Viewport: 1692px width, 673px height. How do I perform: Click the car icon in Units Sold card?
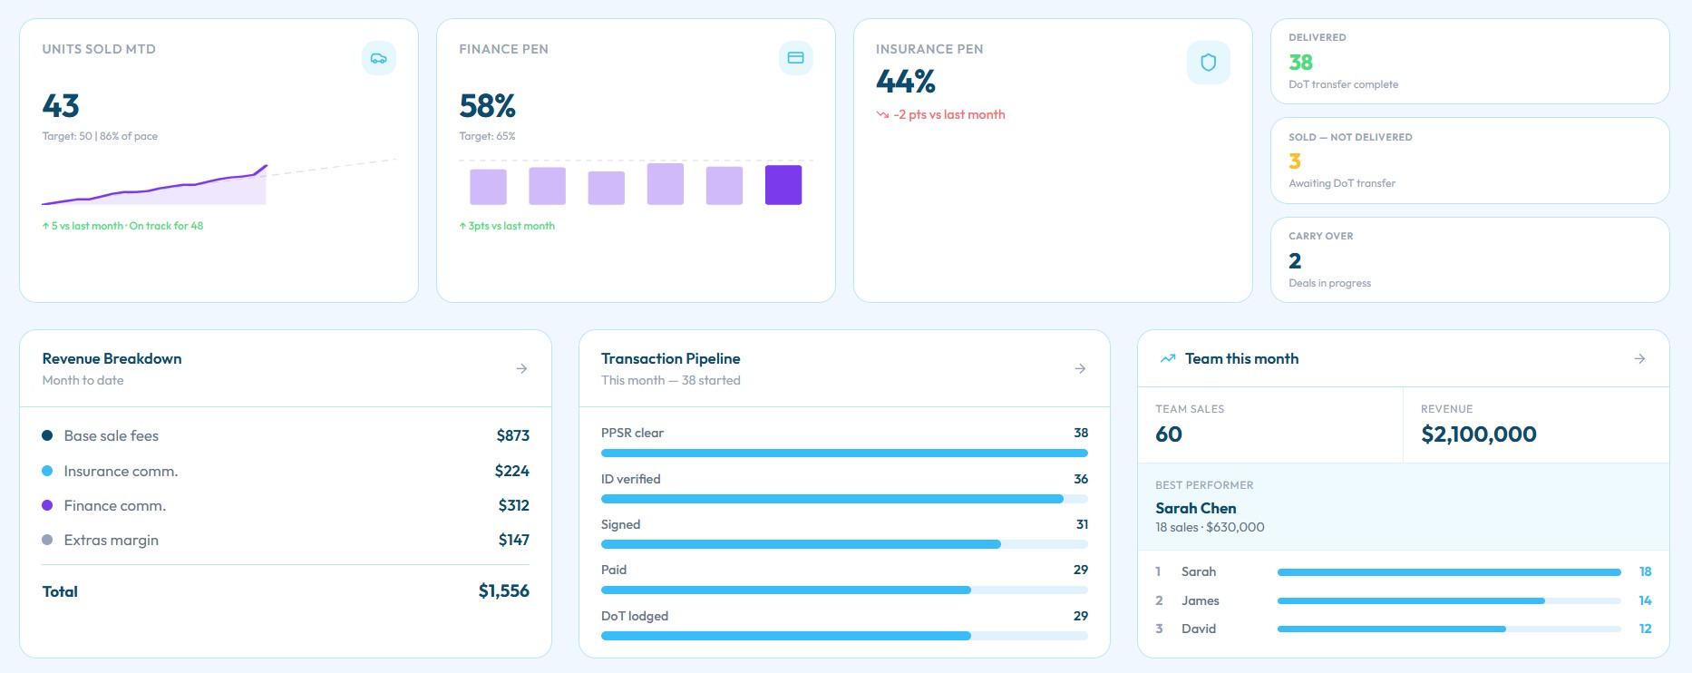click(379, 58)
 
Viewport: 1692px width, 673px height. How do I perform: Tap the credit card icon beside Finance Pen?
click(795, 58)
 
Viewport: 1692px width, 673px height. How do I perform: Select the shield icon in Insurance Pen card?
click(1208, 63)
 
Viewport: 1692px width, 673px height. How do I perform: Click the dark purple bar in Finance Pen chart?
click(783, 185)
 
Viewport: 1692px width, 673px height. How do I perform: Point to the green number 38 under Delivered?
click(1300, 62)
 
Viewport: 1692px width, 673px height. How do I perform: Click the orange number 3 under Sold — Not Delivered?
click(1295, 161)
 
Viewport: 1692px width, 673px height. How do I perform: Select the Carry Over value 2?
click(1295, 261)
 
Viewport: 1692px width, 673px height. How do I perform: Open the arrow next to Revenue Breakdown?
click(521, 368)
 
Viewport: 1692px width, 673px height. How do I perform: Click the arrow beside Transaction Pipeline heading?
click(1080, 368)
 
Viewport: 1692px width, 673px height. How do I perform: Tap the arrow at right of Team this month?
click(1639, 359)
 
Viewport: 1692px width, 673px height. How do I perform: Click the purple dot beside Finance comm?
click(47, 505)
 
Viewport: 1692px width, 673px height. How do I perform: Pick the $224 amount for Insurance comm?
click(511, 471)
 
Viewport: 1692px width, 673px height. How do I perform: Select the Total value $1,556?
click(503, 591)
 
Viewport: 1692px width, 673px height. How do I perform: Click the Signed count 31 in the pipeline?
click(1082, 524)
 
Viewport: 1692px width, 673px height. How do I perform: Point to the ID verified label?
click(630, 479)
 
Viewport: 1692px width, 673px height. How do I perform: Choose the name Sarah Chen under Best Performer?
click(1195, 508)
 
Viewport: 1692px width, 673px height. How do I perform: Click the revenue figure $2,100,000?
click(1478, 434)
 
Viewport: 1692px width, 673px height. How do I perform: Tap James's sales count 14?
click(1645, 600)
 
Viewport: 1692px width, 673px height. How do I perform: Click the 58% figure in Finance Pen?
click(487, 106)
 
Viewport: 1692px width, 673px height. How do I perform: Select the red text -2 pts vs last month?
click(948, 114)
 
